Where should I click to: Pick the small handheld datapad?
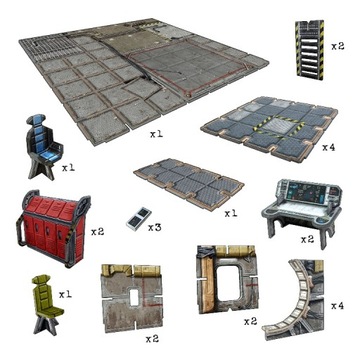(x=140, y=218)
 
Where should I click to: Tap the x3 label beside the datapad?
(x=154, y=229)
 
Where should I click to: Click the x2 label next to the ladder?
(x=338, y=46)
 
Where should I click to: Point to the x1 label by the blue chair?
(x=68, y=167)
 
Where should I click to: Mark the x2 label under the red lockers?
(x=97, y=231)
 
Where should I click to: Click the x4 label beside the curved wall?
(x=337, y=305)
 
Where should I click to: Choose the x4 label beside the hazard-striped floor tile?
(x=329, y=147)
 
